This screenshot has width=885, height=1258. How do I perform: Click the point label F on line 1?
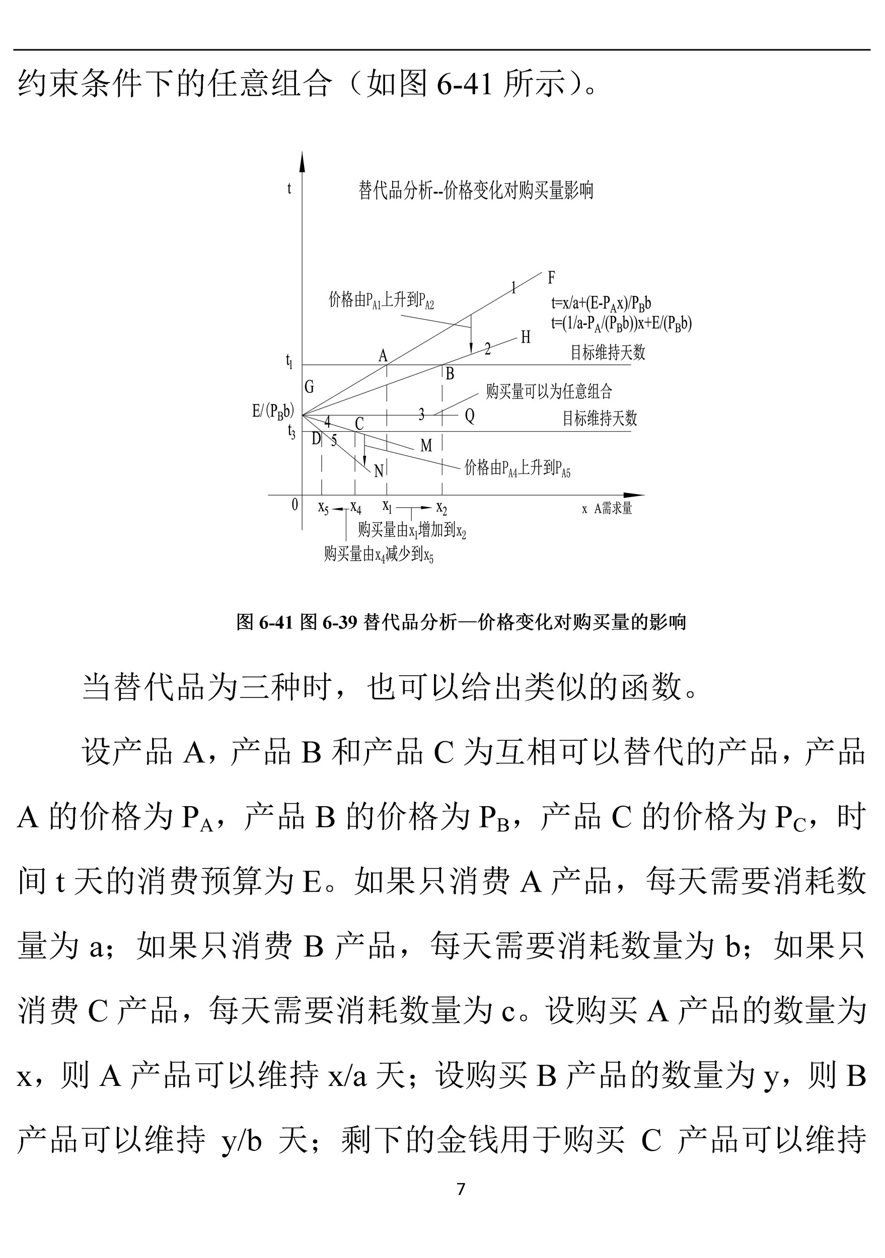pyautogui.click(x=551, y=278)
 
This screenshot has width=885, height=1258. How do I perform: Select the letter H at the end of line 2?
pyautogui.click(x=526, y=337)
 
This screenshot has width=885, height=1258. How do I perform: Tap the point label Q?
pyautogui.click(x=470, y=416)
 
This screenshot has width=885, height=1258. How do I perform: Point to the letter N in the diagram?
pyautogui.click(x=378, y=471)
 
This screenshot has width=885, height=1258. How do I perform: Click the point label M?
pyautogui.click(x=426, y=446)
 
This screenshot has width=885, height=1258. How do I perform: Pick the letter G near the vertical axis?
pyautogui.click(x=309, y=387)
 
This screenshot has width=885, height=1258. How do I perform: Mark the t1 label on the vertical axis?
pyautogui.click(x=289, y=361)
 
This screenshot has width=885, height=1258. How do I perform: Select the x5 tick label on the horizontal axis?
pyautogui.click(x=323, y=507)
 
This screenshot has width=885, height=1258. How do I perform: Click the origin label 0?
pyautogui.click(x=295, y=504)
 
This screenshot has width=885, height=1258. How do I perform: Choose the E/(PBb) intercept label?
pyautogui.click(x=273, y=411)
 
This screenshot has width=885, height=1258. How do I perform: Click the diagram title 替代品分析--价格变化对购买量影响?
pyautogui.click(x=476, y=191)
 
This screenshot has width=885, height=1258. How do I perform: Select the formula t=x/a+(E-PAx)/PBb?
pyautogui.click(x=601, y=303)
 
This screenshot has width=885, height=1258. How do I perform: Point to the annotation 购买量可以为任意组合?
pyautogui.click(x=549, y=391)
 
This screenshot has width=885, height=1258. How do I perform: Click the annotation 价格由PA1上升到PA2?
pyautogui.click(x=381, y=300)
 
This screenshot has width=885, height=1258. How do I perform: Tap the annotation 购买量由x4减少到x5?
pyautogui.click(x=379, y=555)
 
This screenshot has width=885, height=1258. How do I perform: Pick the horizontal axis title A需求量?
pyautogui.click(x=613, y=508)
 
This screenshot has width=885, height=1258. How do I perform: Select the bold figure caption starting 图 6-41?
pyautogui.click(x=461, y=622)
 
